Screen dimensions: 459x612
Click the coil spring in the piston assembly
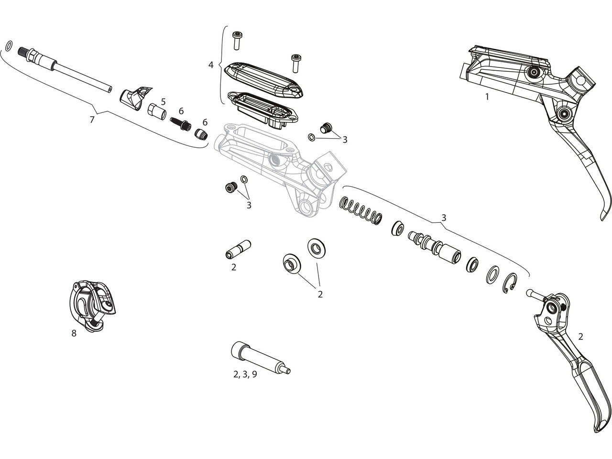[361, 211]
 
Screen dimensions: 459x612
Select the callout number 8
[74, 333]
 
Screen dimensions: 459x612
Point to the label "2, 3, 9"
[245, 374]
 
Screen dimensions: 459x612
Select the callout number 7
[92, 120]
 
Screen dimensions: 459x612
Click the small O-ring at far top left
[9, 46]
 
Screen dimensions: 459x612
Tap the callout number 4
[211, 64]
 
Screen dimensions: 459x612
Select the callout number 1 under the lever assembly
[487, 97]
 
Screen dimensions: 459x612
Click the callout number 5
[163, 102]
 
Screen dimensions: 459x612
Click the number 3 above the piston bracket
[444, 218]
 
